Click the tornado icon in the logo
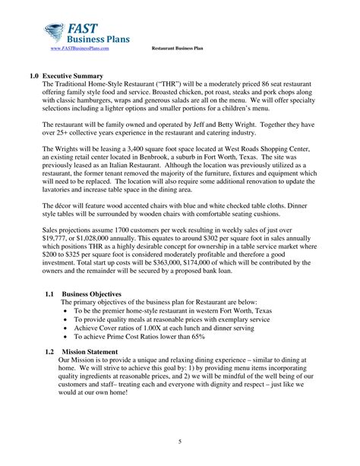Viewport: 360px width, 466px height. [x=55, y=31]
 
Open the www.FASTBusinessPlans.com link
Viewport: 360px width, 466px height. [x=85, y=49]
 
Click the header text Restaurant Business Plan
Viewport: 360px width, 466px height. [x=177, y=49]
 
